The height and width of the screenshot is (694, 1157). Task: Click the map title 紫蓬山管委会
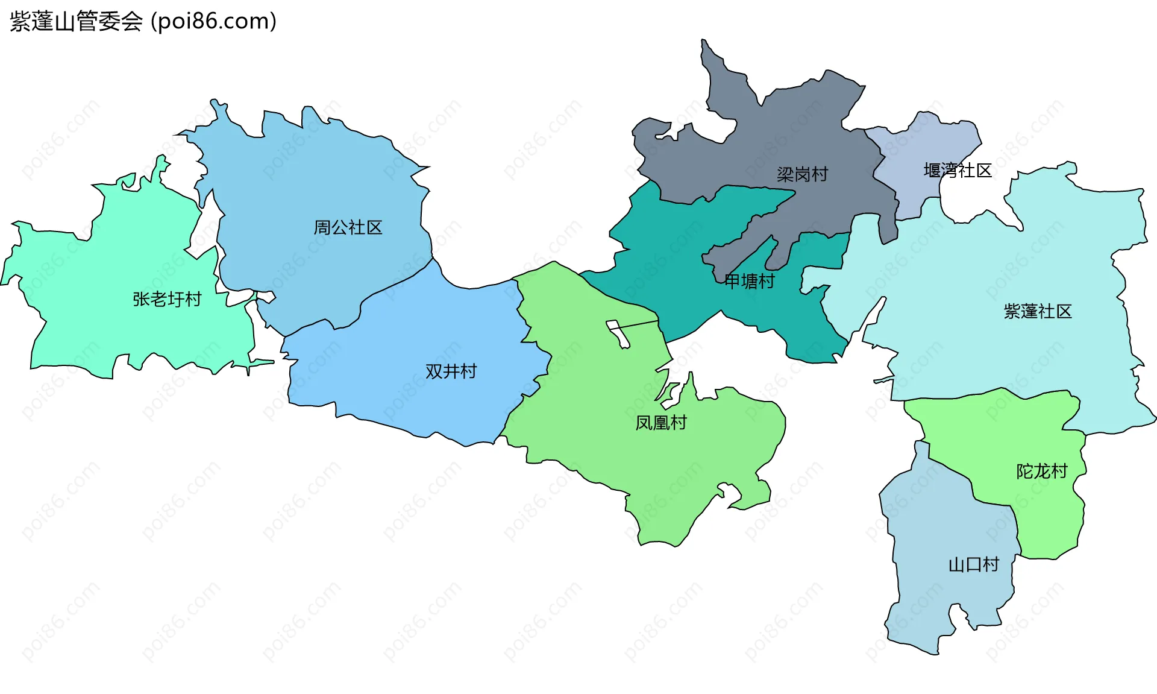tap(76, 22)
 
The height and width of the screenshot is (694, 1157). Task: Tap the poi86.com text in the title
tap(213, 22)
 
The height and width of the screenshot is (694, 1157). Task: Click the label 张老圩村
tap(167, 299)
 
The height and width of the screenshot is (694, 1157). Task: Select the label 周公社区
tap(348, 227)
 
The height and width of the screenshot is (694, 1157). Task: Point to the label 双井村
tap(451, 371)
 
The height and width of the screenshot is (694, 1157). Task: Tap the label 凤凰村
tap(661, 423)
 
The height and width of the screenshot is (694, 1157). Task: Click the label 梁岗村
tap(802, 174)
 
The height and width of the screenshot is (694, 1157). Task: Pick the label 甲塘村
tap(749, 281)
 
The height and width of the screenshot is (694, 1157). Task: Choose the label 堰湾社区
tap(958, 171)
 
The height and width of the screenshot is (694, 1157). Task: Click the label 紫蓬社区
tap(1038, 311)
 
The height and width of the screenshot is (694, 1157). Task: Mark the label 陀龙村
tap(1042, 471)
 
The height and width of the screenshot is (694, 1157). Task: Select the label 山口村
tap(974, 564)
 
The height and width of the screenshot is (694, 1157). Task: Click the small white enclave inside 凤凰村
tap(618, 333)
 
